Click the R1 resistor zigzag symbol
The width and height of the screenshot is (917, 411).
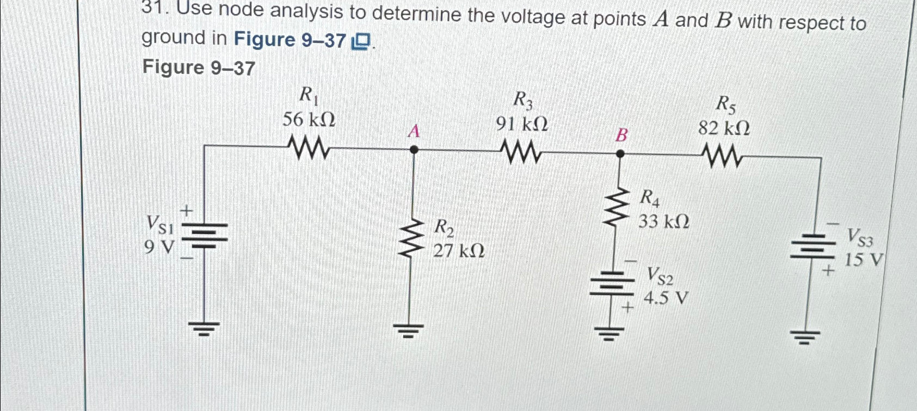click(309, 148)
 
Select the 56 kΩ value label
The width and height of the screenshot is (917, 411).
click(309, 120)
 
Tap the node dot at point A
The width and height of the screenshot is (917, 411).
click(414, 150)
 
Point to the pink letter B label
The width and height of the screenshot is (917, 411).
click(621, 135)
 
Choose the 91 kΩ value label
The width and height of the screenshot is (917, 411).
click(521, 125)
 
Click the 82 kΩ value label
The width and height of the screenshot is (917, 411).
click(724, 128)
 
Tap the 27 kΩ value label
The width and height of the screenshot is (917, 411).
click(459, 251)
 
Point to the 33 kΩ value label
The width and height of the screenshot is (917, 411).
click(663, 222)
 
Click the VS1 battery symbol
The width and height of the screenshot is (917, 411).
click(204, 235)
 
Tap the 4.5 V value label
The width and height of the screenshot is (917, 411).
click(666, 298)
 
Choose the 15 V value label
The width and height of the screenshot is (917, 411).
click(864, 260)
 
